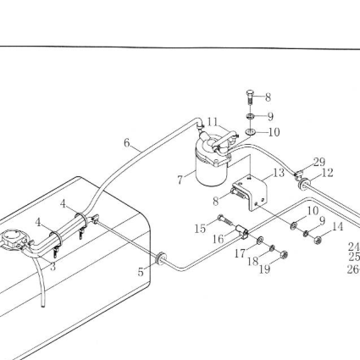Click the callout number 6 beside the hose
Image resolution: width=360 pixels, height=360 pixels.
point(127,143)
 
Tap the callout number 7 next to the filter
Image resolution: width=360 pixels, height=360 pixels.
point(180,180)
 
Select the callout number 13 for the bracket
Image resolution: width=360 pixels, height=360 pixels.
point(279,173)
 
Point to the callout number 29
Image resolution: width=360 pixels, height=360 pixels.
point(319,162)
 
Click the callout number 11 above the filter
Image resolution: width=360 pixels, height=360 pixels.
point(213,122)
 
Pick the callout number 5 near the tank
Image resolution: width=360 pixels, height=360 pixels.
point(141,272)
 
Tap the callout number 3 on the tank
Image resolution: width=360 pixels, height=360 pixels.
point(53,266)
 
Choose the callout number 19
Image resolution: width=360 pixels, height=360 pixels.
point(264,269)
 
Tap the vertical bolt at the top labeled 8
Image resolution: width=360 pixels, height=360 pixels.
point(250,97)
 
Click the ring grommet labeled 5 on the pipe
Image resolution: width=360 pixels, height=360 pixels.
point(161,258)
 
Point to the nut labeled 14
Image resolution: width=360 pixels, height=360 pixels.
point(318,240)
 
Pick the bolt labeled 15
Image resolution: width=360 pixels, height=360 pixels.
point(225,220)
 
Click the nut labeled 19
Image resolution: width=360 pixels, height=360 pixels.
point(284,255)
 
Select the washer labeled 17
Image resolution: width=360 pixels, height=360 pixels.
point(260,241)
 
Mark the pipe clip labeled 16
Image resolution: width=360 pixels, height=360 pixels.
point(242,231)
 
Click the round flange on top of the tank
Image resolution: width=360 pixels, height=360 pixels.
point(13,238)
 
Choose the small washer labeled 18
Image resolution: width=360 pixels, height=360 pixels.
point(272,248)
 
